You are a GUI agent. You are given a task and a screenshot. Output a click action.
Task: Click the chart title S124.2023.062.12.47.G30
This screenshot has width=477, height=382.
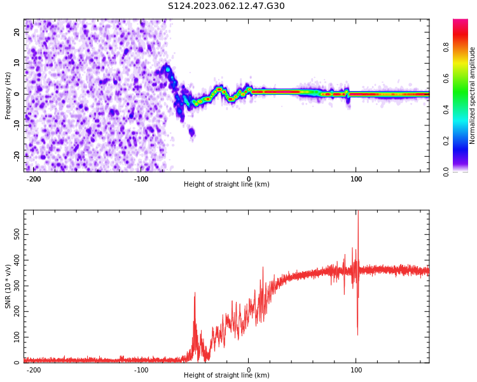(x=226, y=6)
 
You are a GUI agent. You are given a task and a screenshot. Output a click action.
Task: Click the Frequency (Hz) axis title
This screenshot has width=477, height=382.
(x=8, y=95)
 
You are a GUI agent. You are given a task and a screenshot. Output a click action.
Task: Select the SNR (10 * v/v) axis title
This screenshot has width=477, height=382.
(x=8, y=286)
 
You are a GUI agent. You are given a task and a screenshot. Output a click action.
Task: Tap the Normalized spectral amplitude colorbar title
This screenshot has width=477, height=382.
(x=473, y=95)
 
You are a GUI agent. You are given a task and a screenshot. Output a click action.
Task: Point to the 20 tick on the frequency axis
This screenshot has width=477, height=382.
(x=17, y=32)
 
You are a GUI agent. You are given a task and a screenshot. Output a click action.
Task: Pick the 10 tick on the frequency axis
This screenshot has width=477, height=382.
(x=17, y=63)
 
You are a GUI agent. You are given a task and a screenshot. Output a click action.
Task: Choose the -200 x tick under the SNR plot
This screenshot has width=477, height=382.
(x=34, y=369)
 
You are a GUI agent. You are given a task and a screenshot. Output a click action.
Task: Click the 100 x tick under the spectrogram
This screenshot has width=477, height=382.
(x=356, y=179)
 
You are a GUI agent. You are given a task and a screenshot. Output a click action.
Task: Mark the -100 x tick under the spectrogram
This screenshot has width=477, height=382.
(x=141, y=179)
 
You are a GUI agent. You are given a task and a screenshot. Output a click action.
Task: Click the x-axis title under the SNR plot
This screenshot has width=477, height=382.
(x=226, y=376)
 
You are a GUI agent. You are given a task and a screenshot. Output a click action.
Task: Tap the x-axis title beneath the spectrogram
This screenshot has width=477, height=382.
(x=226, y=185)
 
